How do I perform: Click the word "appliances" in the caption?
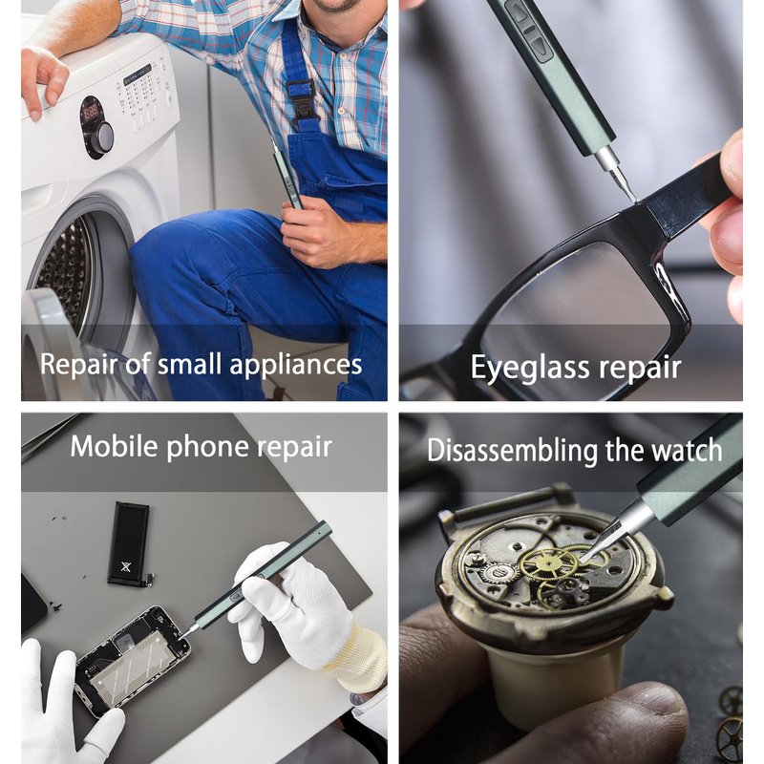(295, 366)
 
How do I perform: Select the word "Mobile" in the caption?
(114, 446)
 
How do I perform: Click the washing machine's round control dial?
(102, 138)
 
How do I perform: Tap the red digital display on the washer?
(92, 113)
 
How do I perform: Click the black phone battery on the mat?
(129, 543)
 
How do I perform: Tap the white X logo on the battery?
(126, 566)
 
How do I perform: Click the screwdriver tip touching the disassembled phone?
(181, 636)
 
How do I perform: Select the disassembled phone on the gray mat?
(132, 660)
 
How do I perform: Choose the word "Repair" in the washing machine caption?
(78, 366)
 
